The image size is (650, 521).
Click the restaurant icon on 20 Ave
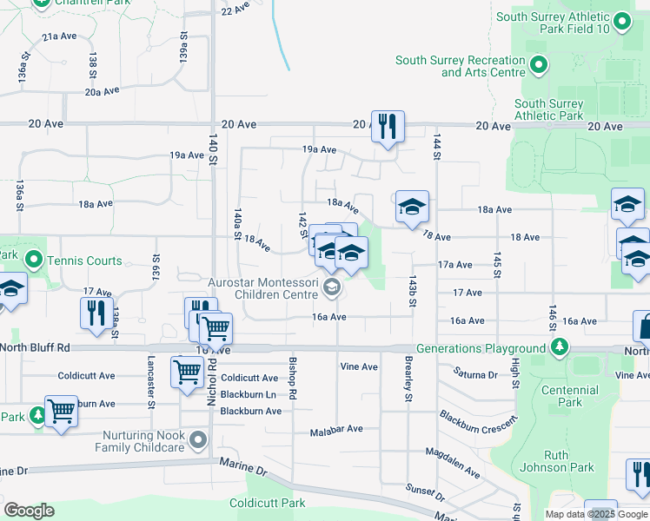388,126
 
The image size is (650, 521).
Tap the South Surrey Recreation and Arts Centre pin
539,65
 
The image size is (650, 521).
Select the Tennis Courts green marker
34,260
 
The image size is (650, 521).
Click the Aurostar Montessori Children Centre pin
330,286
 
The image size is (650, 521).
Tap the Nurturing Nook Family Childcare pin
200,440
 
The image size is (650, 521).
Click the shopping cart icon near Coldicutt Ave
187,373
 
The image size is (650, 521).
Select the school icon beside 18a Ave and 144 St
412,207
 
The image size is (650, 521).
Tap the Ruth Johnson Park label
568,461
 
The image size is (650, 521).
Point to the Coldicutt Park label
268,503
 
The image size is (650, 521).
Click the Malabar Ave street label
336,429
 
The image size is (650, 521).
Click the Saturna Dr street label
474,374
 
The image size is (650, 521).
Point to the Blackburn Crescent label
477,426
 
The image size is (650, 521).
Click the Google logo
29,511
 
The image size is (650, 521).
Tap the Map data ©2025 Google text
596,514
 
